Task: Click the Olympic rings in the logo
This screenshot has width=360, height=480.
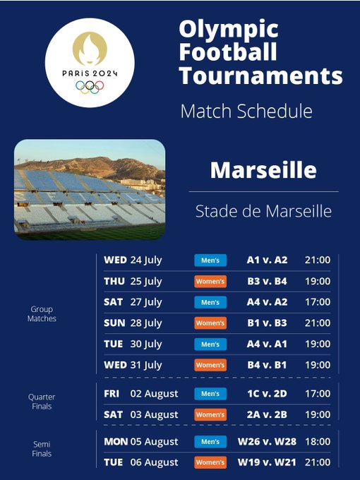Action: coord(90,87)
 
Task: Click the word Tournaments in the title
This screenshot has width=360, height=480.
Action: coord(260,76)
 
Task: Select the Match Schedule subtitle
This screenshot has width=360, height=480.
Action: coord(246,111)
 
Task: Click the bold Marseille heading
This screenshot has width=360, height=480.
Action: coord(263,170)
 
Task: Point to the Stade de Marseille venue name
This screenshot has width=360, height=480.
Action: coord(263,211)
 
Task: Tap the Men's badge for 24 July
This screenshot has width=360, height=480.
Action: coord(210,260)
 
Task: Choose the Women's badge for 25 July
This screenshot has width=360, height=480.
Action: coord(210,282)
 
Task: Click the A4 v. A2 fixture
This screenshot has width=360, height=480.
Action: coord(267,302)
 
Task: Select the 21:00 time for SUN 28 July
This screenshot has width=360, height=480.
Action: coord(318,323)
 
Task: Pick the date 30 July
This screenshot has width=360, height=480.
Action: coord(146,344)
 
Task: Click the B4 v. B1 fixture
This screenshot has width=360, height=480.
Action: coord(267,365)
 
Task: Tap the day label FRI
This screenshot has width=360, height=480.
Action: coord(112,394)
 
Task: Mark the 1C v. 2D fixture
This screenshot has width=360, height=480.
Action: coord(267,394)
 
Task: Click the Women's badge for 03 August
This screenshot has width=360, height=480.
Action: coord(210,415)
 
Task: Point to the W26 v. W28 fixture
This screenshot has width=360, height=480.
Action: coord(267,442)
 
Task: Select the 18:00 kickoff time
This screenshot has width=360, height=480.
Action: coord(318,442)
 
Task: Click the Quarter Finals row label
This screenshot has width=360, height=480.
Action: coord(42,402)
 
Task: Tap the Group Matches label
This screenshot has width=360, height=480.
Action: coord(42,314)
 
